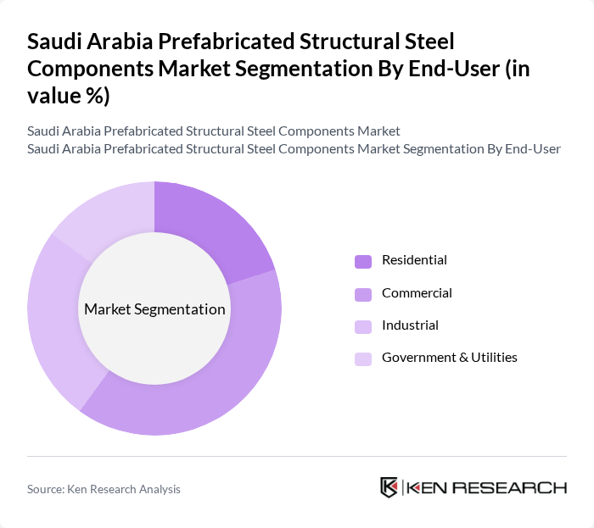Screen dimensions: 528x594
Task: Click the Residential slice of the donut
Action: (x=208, y=229)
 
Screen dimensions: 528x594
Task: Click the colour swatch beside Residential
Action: (x=362, y=261)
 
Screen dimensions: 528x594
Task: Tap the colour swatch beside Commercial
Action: (x=362, y=294)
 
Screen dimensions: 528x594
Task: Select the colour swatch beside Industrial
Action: (x=362, y=326)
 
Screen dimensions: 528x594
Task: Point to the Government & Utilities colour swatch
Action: (x=362, y=358)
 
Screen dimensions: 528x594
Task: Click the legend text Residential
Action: (x=414, y=260)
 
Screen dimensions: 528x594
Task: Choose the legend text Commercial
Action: (x=417, y=293)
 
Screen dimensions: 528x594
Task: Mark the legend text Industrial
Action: (x=410, y=325)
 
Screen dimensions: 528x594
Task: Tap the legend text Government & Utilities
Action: (x=449, y=358)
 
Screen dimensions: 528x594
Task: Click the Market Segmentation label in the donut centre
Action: (x=154, y=309)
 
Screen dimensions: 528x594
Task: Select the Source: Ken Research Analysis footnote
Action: (x=104, y=489)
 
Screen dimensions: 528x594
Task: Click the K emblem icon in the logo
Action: (x=389, y=487)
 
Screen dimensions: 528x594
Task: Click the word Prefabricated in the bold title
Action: (x=211, y=41)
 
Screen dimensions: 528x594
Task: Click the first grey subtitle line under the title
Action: (x=213, y=131)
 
